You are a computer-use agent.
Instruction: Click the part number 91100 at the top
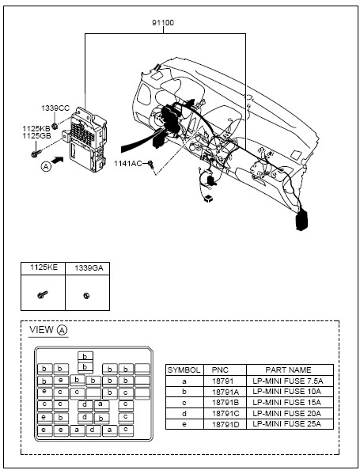tap(163, 23)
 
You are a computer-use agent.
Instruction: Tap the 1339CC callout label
tap(55, 108)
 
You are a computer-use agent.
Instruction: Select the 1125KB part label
tap(36, 129)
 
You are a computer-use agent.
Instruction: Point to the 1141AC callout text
tap(127, 164)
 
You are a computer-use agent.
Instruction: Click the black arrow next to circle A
tap(57, 161)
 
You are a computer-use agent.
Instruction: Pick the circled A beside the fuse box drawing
tap(46, 166)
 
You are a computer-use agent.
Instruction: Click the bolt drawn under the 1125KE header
tap(43, 294)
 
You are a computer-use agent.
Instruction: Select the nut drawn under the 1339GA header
tap(86, 296)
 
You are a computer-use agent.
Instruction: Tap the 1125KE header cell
tap(44, 268)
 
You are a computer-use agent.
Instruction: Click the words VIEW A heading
tap(48, 330)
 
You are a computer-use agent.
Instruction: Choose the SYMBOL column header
tap(184, 370)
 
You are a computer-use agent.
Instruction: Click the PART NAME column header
tap(288, 370)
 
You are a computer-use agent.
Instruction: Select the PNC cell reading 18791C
tap(225, 414)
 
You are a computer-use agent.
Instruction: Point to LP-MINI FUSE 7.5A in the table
tap(288, 381)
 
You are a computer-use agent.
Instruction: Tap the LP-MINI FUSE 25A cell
tap(287, 424)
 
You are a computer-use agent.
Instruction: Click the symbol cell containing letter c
tap(184, 403)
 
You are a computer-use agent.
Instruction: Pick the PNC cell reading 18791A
tap(225, 392)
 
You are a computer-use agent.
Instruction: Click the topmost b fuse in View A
tap(85, 356)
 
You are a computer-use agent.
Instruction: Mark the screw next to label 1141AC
tap(151, 164)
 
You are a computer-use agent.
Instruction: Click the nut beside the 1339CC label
tap(55, 126)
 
